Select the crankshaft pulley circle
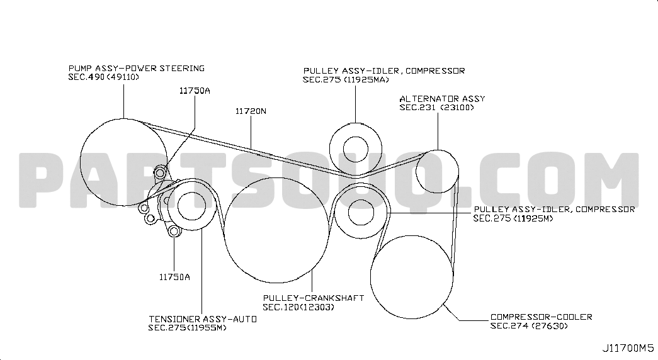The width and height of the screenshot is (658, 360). [x=224, y=230]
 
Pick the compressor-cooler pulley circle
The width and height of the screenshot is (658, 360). [x=370, y=277]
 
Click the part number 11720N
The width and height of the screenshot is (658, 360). [x=251, y=111]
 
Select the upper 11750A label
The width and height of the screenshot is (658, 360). [x=195, y=91]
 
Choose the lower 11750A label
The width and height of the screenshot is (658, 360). [x=174, y=277]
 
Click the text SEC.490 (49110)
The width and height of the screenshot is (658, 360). [x=103, y=77]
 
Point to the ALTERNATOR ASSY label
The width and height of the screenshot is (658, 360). [x=442, y=99]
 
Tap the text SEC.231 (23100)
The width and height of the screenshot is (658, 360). [x=436, y=108]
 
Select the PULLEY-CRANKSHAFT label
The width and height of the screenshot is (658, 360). [x=314, y=298]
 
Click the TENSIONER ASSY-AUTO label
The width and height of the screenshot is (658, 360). [x=203, y=319]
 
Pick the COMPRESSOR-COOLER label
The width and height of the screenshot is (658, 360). [x=542, y=317]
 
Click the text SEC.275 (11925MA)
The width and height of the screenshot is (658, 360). [x=346, y=80]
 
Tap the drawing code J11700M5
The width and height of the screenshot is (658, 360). [x=628, y=348]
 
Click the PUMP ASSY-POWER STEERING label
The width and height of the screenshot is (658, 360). [x=137, y=69]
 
